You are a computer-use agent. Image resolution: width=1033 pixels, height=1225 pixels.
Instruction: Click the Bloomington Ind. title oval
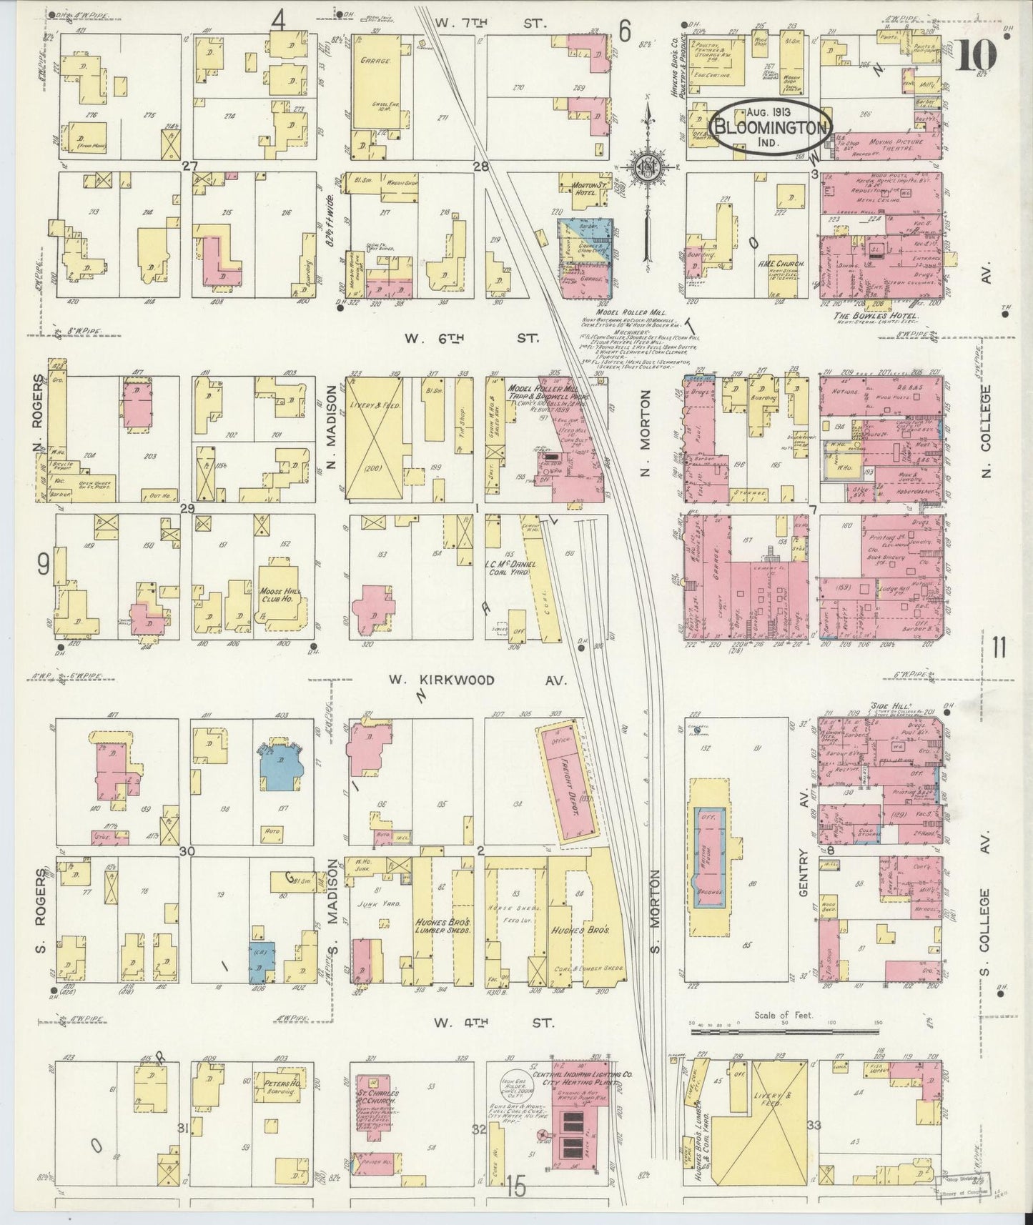tap(771, 127)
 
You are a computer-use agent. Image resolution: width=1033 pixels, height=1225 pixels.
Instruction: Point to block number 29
tap(187, 509)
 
